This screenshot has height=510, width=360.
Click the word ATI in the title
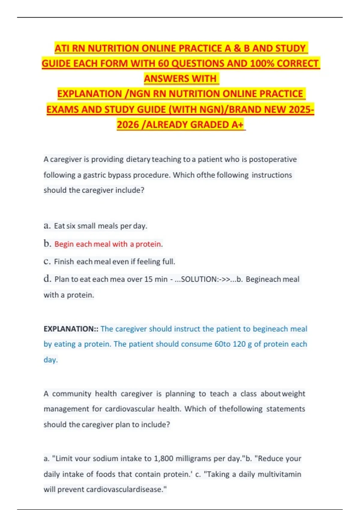pyautogui.click(x=62, y=48)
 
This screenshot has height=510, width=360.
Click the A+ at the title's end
pyautogui.click(x=237, y=124)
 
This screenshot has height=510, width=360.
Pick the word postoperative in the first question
pyautogui.click(x=273, y=159)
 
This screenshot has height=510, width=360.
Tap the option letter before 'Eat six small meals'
pyautogui.click(x=47, y=226)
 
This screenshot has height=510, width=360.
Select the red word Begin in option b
pyautogui.click(x=64, y=244)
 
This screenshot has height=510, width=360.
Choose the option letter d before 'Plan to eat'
pyautogui.click(x=47, y=279)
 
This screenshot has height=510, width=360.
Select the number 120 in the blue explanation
pyautogui.click(x=239, y=344)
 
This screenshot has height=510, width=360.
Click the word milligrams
pyautogui.click(x=193, y=458)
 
